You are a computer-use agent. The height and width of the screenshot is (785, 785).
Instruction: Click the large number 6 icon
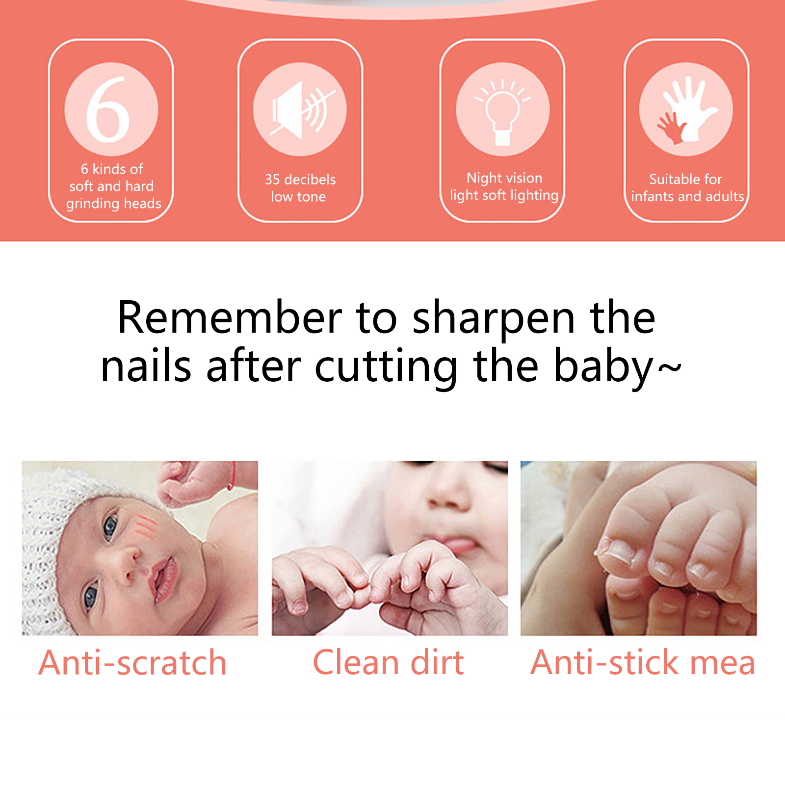coord(108,109)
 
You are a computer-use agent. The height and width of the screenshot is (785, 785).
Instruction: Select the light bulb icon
coord(502,110)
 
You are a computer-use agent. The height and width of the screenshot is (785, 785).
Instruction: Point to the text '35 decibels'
coord(300,179)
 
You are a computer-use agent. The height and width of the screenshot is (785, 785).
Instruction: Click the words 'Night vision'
coord(504,178)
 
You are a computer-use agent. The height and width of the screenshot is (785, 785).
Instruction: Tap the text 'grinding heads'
coord(114,204)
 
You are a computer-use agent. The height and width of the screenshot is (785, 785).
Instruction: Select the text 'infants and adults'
coord(687,196)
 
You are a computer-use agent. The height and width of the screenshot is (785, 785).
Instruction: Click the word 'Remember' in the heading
coord(230,318)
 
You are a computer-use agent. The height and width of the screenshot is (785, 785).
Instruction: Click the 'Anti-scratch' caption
coord(132,663)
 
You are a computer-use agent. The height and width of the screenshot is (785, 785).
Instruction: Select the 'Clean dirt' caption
coord(388,662)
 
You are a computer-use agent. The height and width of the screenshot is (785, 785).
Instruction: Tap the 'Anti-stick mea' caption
coord(643,662)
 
